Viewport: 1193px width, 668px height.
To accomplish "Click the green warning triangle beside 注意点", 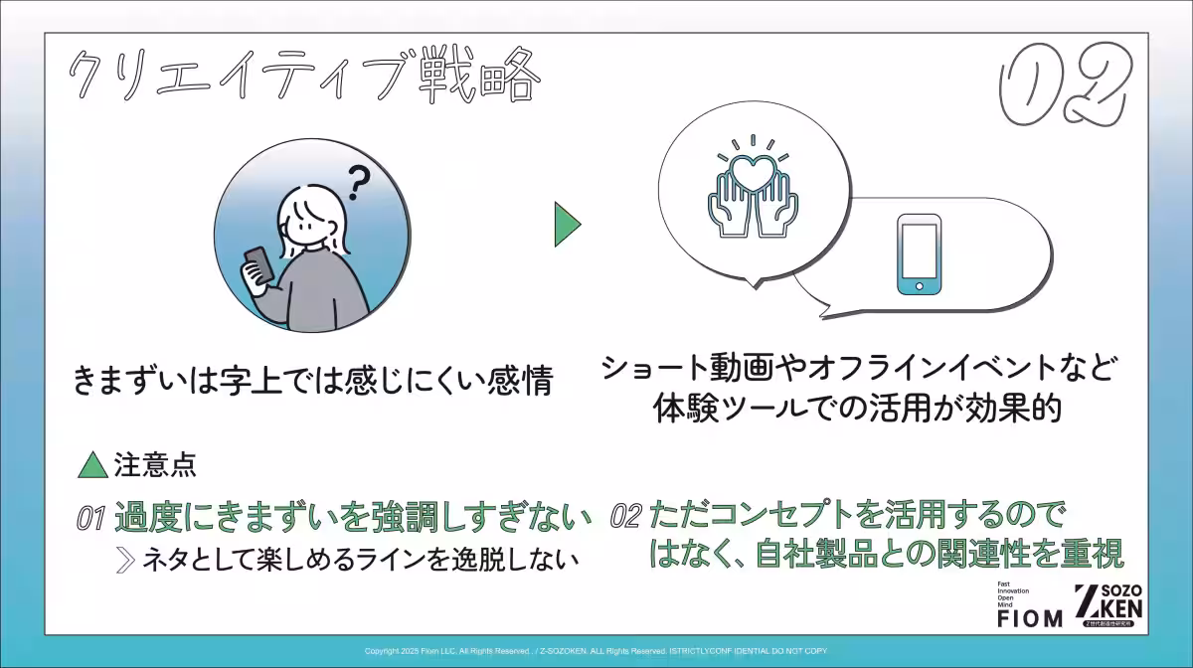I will [x=92, y=463].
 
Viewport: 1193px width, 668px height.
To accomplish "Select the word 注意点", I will [x=153, y=463].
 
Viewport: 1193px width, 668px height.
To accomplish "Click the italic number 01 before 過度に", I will [x=91, y=518].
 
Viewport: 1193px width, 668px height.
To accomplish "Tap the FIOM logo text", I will [x=1029, y=619].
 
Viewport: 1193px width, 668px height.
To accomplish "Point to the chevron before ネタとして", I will [x=125, y=560].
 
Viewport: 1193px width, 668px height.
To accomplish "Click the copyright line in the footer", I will [x=596, y=651].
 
